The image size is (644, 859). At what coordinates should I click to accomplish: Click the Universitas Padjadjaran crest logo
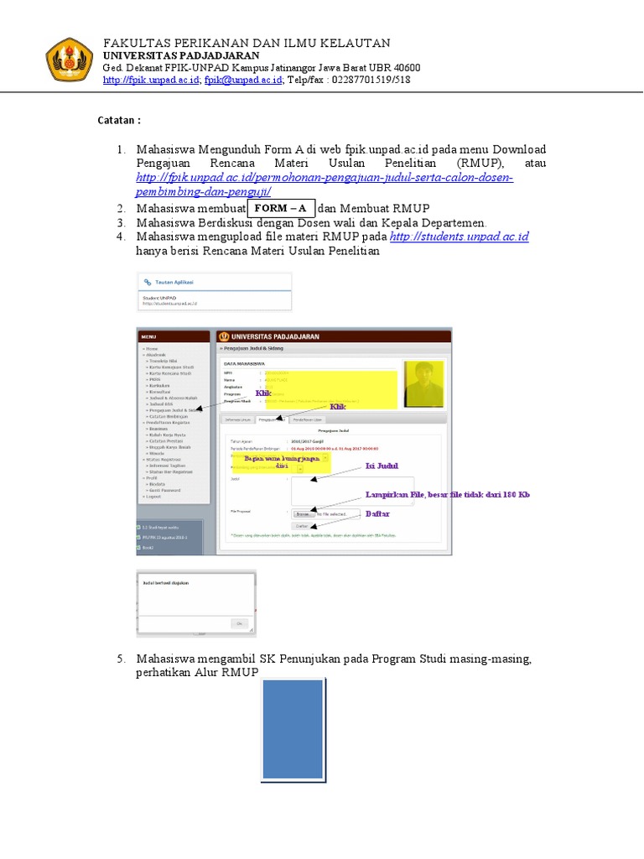point(70,58)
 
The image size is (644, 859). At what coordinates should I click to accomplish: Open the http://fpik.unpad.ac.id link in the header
point(151,81)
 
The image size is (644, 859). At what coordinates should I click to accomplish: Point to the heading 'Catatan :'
point(120,121)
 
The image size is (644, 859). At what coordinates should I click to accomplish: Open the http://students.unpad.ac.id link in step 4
point(460,237)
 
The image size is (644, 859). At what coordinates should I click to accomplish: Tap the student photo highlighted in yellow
point(424,385)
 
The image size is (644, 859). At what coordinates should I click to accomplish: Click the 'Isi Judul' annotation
point(382,466)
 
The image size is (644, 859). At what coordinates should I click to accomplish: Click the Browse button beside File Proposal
point(302,513)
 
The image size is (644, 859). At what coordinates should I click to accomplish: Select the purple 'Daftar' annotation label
point(377,513)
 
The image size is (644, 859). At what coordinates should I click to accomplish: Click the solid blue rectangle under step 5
point(293,730)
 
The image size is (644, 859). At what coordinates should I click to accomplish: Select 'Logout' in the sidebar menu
point(152,497)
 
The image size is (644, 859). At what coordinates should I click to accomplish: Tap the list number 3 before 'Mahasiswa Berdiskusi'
point(121,222)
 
